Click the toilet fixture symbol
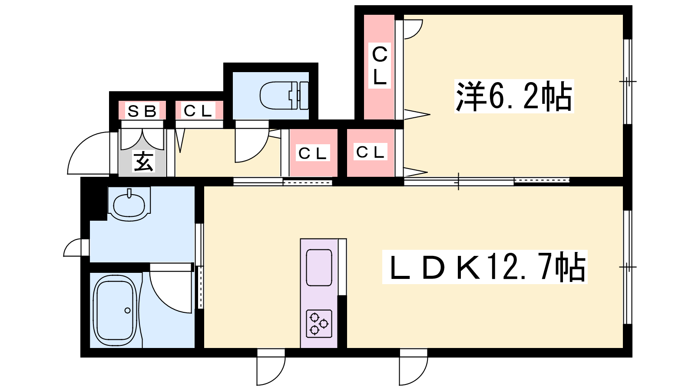tap(284, 95)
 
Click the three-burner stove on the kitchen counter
tap(319, 324)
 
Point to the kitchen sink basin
tap(319, 268)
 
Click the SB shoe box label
tap(142, 111)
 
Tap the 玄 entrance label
tap(143, 161)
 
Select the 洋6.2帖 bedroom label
tap(514, 96)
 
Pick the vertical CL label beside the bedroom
tap(380, 66)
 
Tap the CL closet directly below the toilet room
tap(313, 153)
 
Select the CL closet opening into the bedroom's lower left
tap(371, 152)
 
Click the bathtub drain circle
tap(128, 310)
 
